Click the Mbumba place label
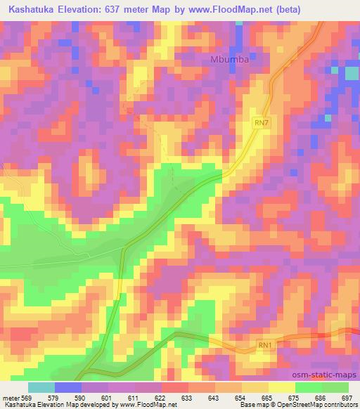click(231, 60)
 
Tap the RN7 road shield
click(261, 123)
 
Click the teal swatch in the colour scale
click(41, 387)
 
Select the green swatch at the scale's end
click(335, 387)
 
